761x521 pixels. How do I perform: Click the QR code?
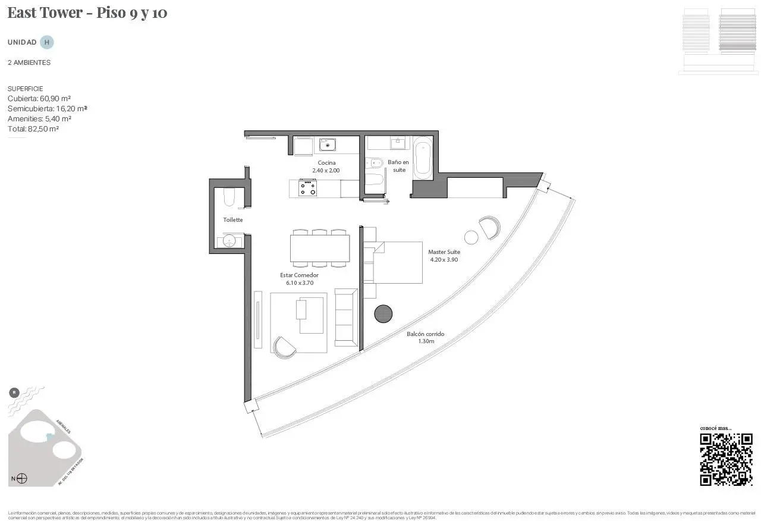coord(726,460)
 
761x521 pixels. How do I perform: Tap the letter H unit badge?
coord(47,42)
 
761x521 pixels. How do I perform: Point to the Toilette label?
coord(232,220)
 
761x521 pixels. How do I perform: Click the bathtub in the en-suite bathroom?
coord(423,158)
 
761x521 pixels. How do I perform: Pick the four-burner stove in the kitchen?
coord(308,189)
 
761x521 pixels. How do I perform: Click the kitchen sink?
coord(327,145)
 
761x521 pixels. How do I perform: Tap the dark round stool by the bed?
coord(383,313)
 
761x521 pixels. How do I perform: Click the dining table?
coord(320,248)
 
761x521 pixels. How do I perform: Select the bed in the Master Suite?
coord(395,262)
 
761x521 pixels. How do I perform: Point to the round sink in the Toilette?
coord(229,241)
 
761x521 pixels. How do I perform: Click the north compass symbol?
coord(22,478)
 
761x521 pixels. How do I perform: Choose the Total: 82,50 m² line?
coord(33,129)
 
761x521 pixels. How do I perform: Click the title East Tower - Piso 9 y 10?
coord(87,12)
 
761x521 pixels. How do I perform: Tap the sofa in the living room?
coord(345,317)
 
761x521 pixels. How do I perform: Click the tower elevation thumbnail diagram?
coord(719,41)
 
